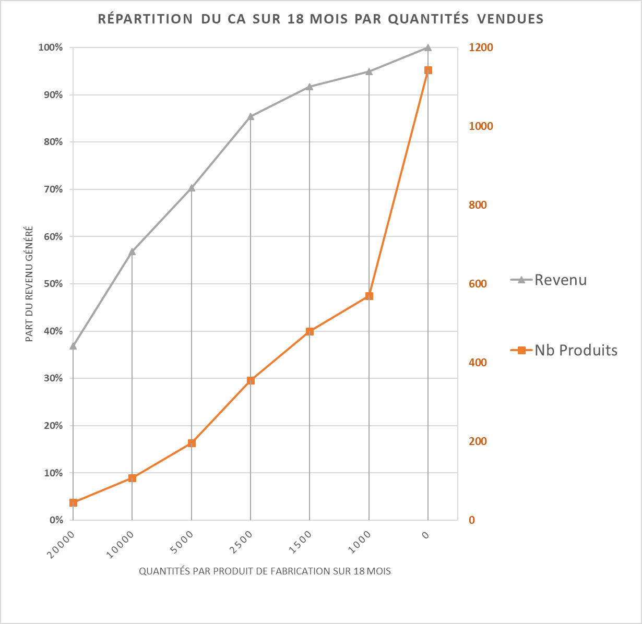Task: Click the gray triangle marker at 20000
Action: tap(73, 345)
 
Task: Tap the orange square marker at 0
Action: tap(428, 70)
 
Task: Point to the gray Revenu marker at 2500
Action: tap(251, 116)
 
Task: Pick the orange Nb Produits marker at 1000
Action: tap(369, 296)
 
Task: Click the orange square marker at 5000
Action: tap(192, 443)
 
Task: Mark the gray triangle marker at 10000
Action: tap(132, 251)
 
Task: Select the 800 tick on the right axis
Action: tap(478, 205)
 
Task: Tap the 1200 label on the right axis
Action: tap(481, 47)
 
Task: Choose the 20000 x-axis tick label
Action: tap(61, 545)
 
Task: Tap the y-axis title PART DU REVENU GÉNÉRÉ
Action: tap(30, 284)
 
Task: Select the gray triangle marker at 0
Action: tap(428, 47)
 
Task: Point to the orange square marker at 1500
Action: tap(310, 331)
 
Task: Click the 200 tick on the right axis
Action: tap(478, 441)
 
